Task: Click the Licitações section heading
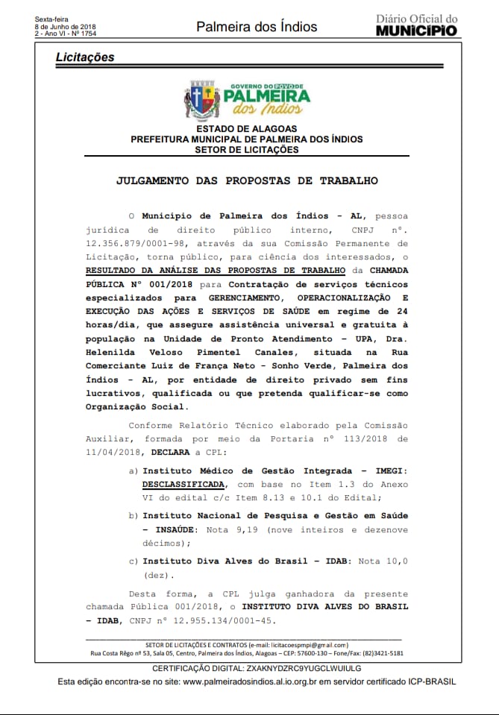coord(85,57)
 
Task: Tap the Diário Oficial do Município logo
coord(416,25)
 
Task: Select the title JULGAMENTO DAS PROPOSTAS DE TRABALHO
coord(247,180)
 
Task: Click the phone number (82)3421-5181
coord(383,653)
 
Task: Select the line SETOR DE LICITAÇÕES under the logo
coord(247,149)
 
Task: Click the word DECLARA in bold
coord(171,453)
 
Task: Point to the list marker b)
coord(134,515)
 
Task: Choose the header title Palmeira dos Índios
coord(256,27)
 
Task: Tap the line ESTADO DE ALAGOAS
coord(247,128)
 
